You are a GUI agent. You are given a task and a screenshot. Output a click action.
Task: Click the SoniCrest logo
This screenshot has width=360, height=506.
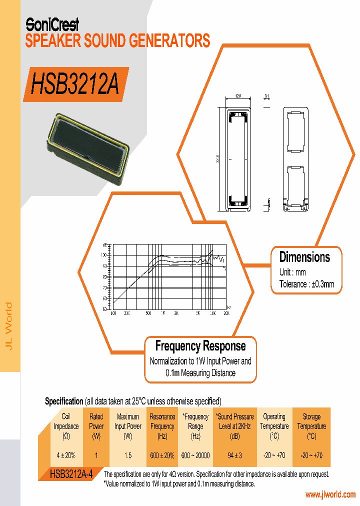(x=52, y=23)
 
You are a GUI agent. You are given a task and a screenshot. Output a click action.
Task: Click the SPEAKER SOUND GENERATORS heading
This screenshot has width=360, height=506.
(x=117, y=40)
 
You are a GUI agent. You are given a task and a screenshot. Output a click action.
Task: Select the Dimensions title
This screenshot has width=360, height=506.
(x=304, y=257)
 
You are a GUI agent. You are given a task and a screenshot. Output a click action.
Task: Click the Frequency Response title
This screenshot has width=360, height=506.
(x=200, y=345)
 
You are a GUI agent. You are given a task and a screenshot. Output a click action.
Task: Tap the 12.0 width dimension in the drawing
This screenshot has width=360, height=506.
(x=238, y=95)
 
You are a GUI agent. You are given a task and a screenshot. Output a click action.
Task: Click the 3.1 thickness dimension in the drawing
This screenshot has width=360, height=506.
(x=267, y=95)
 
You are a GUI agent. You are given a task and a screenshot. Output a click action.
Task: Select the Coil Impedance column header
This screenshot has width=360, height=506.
(x=66, y=426)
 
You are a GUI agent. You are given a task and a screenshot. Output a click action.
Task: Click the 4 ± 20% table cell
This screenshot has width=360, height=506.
(x=66, y=455)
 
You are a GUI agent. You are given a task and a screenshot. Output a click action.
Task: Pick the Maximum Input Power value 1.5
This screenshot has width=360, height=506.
(x=128, y=455)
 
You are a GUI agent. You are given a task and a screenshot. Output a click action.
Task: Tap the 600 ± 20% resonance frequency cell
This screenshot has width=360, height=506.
(x=162, y=455)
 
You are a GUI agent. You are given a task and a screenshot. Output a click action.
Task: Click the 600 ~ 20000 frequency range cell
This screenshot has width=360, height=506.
(x=195, y=455)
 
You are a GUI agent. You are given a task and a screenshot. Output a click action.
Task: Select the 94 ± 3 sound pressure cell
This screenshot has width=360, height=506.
(x=234, y=455)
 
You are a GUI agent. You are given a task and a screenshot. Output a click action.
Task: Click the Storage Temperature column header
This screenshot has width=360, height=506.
(x=311, y=426)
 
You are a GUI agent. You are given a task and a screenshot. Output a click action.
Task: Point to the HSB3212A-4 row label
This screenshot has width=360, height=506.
(x=71, y=473)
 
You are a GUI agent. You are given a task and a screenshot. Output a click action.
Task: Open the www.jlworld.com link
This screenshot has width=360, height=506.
(x=330, y=494)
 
